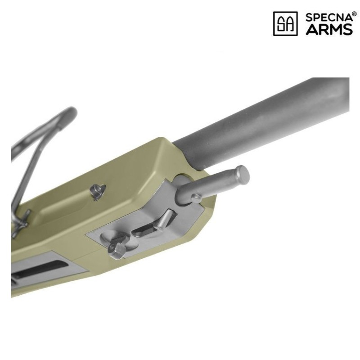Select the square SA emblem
click(285, 24)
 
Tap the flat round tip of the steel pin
click(243, 172)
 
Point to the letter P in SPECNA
click(315, 18)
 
